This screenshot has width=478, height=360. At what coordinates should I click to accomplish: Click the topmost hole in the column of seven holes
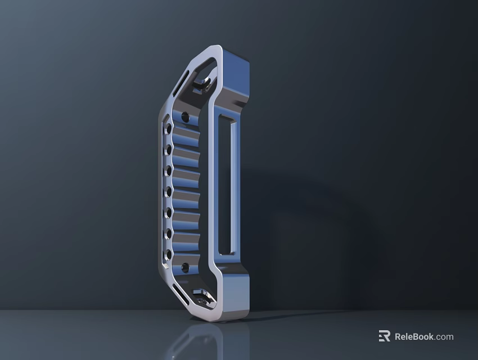point(168,129)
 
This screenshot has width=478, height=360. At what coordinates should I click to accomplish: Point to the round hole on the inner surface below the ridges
point(186,266)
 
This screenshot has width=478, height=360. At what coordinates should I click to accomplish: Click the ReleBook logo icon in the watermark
point(384,336)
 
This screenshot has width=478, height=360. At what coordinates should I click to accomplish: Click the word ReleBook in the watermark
point(414,337)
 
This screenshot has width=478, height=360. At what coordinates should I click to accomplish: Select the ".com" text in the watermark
point(444,337)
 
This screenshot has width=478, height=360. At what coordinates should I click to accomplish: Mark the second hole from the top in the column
point(168,150)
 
